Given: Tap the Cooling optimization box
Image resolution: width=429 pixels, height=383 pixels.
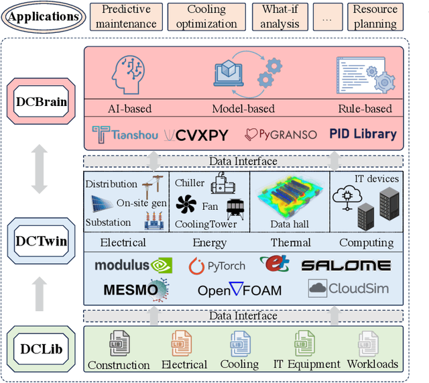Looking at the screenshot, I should pyautogui.click(x=206, y=16).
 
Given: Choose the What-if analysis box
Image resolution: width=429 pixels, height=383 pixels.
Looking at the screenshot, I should pyautogui.click(x=280, y=16).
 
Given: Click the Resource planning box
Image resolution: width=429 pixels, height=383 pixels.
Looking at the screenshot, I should pyautogui.click(x=375, y=16).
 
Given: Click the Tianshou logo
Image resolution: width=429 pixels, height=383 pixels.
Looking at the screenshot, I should pyautogui.click(x=125, y=134).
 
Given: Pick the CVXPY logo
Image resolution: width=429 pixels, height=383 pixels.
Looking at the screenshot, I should pyautogui.click(x=196, y=134).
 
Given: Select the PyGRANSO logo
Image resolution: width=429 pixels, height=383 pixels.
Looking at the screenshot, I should pyautogui.click(x=282, y=134).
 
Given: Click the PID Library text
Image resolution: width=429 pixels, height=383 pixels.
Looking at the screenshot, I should pyautogui.click(x=363, y=133).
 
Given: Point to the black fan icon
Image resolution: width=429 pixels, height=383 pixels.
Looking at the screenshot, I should pyautogui.click(x=187, y=205).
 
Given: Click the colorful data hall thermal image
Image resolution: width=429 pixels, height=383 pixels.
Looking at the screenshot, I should pyautogui.click(x=290, y=197).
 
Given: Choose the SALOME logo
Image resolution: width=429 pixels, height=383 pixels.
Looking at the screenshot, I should pyautogui.click(x=345, y=265).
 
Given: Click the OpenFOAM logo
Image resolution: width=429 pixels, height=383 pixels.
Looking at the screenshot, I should pyautogui.click(x=239, y=290).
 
